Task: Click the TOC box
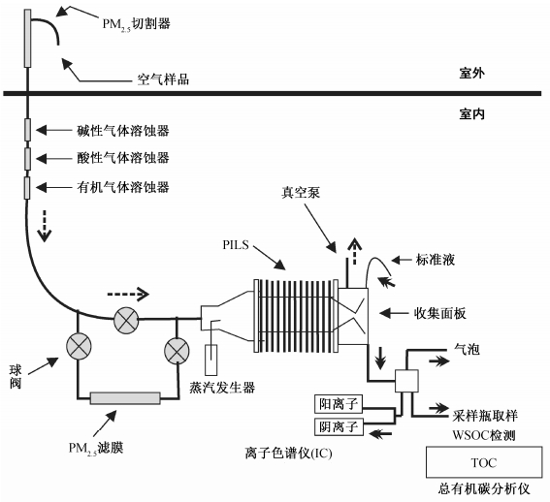point(484,462)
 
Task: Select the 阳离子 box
point(339,404)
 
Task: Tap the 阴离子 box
point(339,426)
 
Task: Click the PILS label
point(236,244)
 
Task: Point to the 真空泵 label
point(301,193)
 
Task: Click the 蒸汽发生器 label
point(222,388)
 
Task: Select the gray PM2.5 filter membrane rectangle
point(125,398)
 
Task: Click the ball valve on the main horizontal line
point(126,320)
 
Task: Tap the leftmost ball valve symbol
point(79,346)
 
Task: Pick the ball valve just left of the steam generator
point(177,351)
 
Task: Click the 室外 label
point(471,74)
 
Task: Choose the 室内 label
point(471,114)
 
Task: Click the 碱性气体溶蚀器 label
point(123,131)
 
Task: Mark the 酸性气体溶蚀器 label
point(123,158)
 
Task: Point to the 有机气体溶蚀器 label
point(123,187)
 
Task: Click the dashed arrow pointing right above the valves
point(128,294)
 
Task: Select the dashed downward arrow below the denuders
point(45,226)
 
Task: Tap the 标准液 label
point(436,260)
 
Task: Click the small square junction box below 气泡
point(406,381)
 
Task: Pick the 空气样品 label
point(163,79)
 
